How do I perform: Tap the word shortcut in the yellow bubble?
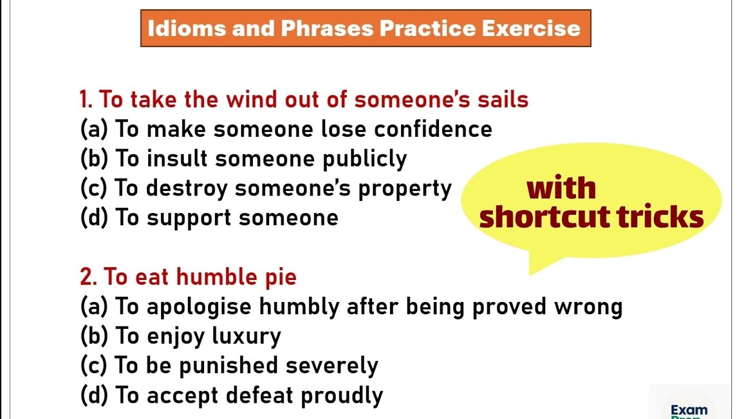pos(543,217)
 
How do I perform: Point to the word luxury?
pos(246,337)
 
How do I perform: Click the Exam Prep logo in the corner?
pos(689,410)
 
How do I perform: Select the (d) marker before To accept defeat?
pos(94,396)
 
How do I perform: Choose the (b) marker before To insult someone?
pos(94,159)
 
